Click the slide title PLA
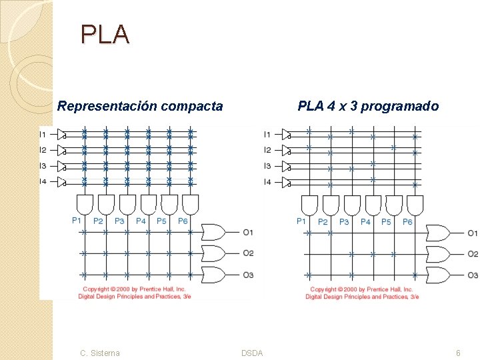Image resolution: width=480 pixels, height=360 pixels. tap(105, 34)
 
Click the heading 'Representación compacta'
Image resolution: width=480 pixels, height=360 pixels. tap(140, 106)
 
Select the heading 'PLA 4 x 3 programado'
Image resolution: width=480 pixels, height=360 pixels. tap(368, 106)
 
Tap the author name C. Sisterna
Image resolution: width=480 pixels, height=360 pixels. tap(100, 353)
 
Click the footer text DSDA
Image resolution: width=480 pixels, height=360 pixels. tap(252, 353)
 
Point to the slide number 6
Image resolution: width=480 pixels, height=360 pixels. tap(458, 353)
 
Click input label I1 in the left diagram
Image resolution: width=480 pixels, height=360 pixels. tap(43, 135)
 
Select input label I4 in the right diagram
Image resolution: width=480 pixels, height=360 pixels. tap(267, 181)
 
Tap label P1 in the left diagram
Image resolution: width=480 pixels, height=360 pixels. tap(77, 220)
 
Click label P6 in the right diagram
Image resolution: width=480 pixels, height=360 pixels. tap(407, 221)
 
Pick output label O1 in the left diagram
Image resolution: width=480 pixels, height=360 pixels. tap(248, 233)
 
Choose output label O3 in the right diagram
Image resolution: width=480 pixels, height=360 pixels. tap(473, 275)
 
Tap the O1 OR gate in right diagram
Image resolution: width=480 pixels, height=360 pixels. tap(438, 233)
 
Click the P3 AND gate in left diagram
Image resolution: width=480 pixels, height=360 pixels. tap(127, 203)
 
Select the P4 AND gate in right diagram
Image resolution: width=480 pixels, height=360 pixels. tap(352, 204)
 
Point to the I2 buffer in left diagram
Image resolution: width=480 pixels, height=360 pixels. tap(62, 151)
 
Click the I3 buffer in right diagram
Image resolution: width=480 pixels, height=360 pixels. tap(287, 166)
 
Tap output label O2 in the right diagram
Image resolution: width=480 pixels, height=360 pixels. tap(473, 254)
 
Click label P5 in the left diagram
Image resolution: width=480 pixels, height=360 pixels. tap(161, 221)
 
